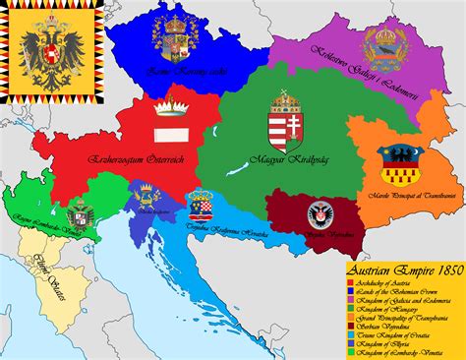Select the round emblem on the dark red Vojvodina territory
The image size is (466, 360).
pos(320,214)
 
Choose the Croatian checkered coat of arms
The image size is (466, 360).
pos(202,203)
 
